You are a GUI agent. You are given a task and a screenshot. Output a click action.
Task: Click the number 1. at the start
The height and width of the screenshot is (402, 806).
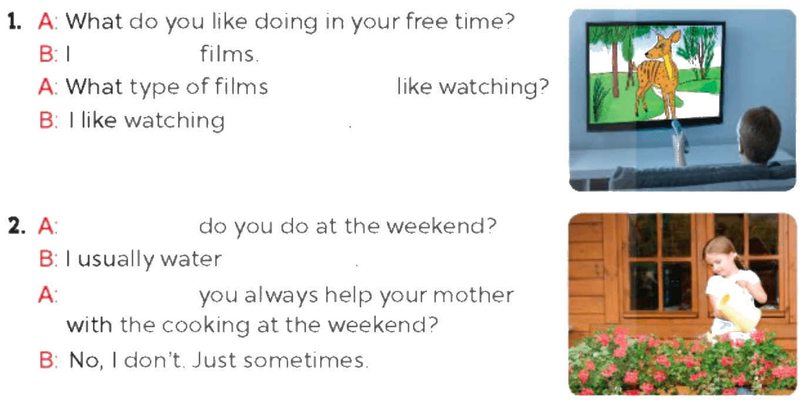14,22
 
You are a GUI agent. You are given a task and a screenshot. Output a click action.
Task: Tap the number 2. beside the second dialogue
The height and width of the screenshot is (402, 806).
16,226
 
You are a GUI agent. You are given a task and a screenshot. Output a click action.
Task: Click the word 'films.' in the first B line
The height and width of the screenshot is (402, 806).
229,53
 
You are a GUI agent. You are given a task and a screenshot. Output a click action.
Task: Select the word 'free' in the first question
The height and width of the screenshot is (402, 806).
426,21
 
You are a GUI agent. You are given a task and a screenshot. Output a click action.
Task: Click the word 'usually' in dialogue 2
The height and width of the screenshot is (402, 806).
116,259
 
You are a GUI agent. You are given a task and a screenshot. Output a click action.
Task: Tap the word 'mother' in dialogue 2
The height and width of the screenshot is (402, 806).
473,295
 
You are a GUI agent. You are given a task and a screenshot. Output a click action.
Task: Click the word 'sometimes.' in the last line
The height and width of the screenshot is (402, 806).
306,360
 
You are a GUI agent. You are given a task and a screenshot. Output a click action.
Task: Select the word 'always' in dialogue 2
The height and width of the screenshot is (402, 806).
281,296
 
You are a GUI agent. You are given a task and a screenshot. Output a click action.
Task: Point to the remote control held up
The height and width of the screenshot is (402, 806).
680,142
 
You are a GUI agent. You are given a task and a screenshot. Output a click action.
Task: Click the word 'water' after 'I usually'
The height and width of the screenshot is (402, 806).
191,259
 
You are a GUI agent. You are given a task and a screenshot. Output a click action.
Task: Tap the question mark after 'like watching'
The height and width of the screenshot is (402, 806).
543,87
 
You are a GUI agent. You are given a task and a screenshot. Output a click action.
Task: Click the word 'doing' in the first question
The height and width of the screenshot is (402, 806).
286,22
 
